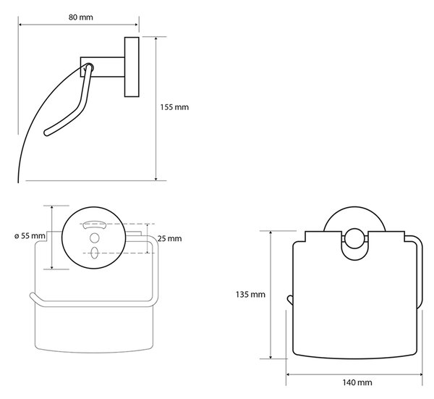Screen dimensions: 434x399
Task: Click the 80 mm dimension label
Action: click(80, 17)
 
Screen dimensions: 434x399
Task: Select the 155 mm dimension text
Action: click(174, 107)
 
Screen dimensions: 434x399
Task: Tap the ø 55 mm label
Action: click(30, 236)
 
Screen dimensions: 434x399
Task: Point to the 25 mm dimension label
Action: click(170, 238)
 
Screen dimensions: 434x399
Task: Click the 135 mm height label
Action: click(250, 294)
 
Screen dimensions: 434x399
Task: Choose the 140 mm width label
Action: click(357, 382)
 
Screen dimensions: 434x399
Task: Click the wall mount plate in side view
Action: click(132, 67)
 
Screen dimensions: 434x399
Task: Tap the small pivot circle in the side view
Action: click(90, 67)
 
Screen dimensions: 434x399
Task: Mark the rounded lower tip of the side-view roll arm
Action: click(46, 133)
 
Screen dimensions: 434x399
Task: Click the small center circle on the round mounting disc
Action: click(94, 238)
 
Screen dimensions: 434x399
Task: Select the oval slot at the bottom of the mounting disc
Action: click(94, 253)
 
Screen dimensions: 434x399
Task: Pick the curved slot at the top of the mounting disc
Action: click(95, 224)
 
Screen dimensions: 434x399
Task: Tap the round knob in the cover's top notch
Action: click(354, 238)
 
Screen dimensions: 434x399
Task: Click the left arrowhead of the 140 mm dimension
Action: click(288, 374)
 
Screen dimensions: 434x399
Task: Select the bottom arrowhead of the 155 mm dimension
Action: click(156, 179)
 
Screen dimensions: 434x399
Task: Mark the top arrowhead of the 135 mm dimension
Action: click(271, 233)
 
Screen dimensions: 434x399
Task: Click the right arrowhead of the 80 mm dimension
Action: click(137, 25)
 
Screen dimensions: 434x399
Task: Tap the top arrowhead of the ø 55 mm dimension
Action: click(52, 208)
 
